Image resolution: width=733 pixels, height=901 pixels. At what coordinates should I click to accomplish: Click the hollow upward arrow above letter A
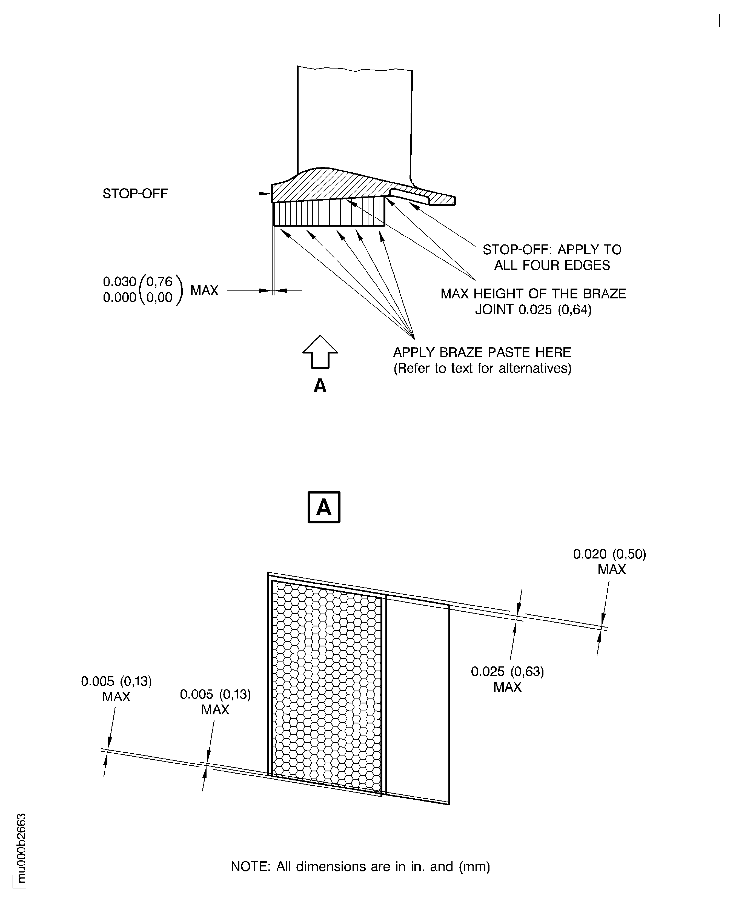pos(320,352)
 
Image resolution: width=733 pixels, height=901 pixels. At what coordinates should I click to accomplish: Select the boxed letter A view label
pos(324,507)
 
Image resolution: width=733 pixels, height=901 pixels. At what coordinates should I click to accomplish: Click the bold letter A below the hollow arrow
pos(320,386)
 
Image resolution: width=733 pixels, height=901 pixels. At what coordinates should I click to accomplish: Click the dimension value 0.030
pos(119,281)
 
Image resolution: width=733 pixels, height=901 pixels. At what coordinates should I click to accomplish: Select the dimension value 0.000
pos(119,297)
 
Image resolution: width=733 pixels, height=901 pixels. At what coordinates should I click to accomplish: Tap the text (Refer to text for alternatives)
pos(482,368)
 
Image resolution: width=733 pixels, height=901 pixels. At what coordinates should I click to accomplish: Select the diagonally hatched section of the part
pos(346,186)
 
